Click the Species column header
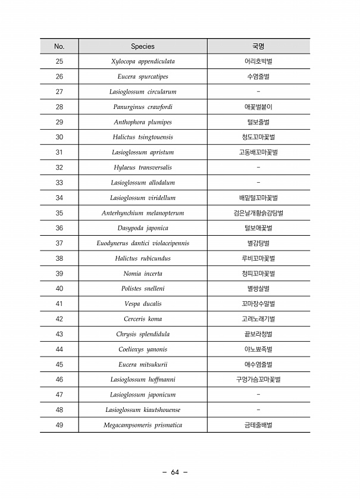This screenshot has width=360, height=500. pos(143,46)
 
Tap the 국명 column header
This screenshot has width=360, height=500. pos(258,46)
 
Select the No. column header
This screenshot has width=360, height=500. pos(59,46)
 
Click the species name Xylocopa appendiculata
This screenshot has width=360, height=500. pos(143,62)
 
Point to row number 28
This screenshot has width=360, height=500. pos(59,107)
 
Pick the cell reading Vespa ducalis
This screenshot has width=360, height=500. pos(143,304)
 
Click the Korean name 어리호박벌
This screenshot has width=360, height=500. pos(258,62)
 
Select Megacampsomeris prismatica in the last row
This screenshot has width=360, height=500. pos(143,426)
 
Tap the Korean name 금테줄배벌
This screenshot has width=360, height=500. pos(258,426)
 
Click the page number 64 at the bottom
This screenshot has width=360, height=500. pos(175,473)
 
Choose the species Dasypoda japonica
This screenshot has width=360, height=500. pos(143,228)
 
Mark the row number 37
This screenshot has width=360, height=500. pos(59,243)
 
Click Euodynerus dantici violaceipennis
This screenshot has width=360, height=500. pos(143,243)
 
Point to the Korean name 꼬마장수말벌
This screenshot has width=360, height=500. pos(258,304)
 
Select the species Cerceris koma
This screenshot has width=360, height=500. pos(143,319)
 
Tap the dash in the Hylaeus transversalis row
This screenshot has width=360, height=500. pos(258,167)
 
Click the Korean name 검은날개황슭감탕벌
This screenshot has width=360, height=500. pos(258,213)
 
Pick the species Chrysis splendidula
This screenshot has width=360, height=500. pos(143,335)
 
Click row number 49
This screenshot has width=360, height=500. pos(59,426)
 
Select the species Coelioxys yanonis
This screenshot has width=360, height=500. pos(143,349)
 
